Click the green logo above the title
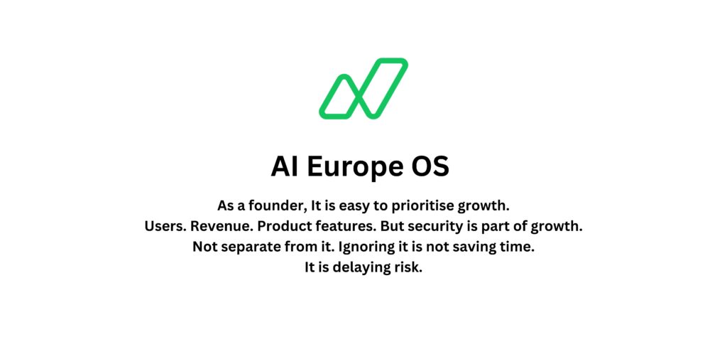tap(363, 88)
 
